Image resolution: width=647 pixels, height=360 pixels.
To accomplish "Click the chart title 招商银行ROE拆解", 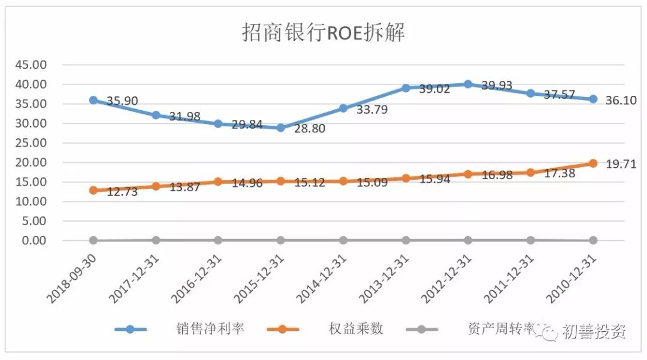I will coord(323,33).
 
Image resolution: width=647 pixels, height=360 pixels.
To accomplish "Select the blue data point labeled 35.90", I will coord(93,100).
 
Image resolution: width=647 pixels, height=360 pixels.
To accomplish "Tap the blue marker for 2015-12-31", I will coord(281,128).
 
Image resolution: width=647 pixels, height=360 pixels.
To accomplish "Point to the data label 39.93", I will coord(497,86).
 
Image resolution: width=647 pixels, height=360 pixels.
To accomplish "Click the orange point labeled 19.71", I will coord(593,163).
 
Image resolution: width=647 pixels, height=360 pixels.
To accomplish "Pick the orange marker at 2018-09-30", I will coord(93,190).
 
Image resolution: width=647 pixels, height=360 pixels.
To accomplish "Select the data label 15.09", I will coord(371,182).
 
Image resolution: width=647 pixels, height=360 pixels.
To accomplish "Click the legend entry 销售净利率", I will coord(210,329).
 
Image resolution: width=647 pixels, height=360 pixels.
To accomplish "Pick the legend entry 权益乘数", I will coord(355,329).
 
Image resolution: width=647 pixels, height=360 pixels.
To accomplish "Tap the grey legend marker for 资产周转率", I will coord(421,329).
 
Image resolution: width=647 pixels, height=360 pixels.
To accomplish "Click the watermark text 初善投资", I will coord(593,331).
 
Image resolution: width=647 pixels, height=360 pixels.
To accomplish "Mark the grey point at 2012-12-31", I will coord(468,240).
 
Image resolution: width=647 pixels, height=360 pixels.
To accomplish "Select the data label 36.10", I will coord(621,100).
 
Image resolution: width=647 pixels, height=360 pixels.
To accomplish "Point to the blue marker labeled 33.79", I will coord(343,108).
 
